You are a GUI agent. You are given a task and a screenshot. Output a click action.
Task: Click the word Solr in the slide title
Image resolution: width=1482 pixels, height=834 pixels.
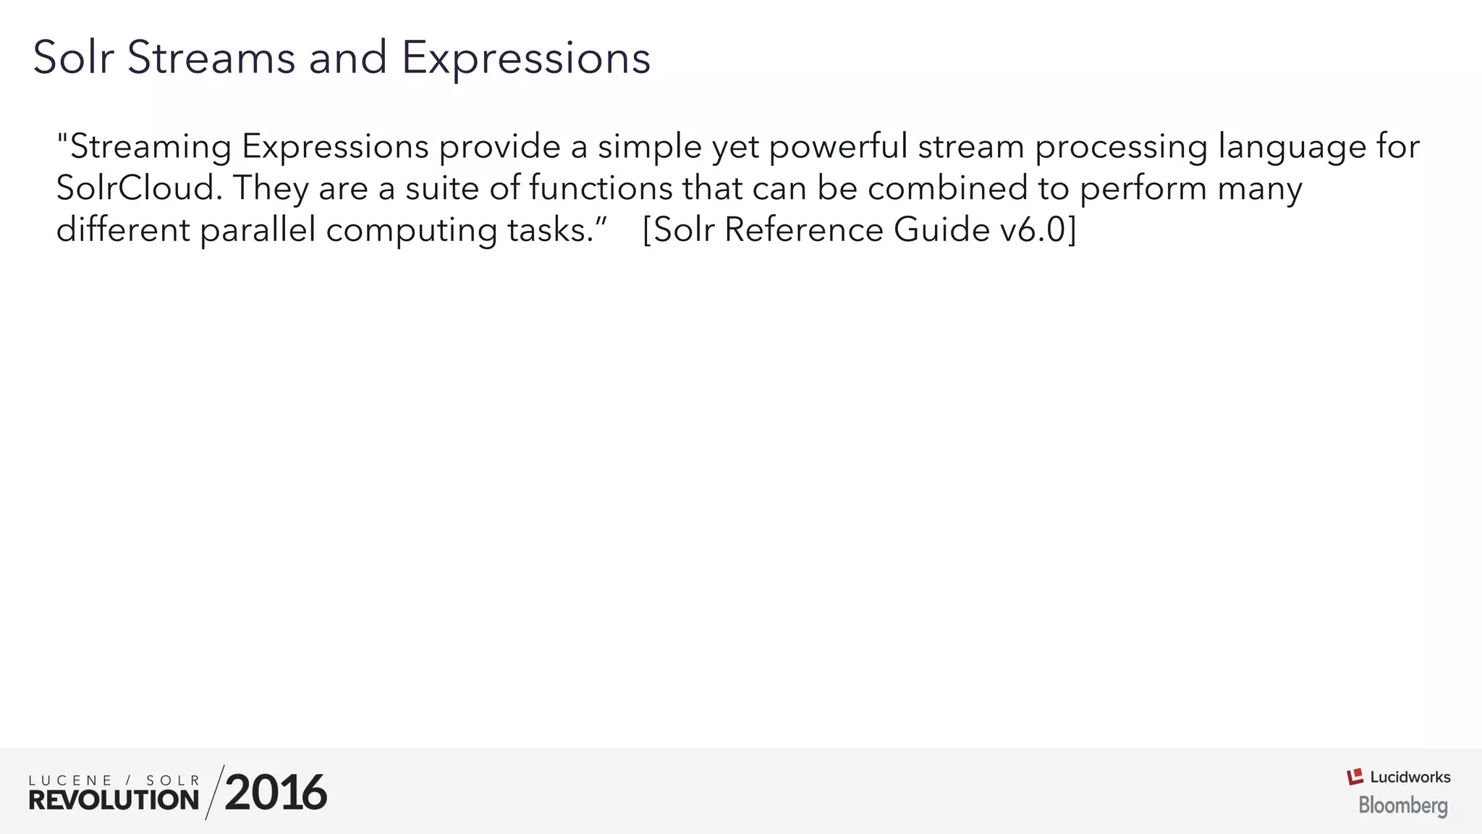(x=73, y=57)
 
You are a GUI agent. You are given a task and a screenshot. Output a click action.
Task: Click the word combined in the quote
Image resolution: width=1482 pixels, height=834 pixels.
(x=947, y=188)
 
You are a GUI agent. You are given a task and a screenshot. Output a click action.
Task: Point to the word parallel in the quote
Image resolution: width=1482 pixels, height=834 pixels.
(x=258, y=230)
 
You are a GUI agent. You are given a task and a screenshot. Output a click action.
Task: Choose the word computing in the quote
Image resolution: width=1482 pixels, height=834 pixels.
(x=411, y=232)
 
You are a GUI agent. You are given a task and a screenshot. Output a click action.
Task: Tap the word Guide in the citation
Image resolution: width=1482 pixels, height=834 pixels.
(x=941, y=230)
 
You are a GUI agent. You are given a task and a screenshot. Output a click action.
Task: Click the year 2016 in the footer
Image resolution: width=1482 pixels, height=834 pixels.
(x=276, y=793)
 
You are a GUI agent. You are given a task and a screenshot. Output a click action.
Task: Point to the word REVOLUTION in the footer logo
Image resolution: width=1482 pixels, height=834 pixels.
(x=114, y=800)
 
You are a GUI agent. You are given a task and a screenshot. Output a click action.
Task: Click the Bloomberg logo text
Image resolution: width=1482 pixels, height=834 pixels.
(x=1403, y=805)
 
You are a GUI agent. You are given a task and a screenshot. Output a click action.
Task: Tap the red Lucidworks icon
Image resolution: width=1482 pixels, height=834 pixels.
(x=1355, y=777)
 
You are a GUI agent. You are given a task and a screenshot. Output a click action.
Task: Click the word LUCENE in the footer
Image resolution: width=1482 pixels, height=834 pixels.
(x=70, y=780)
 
